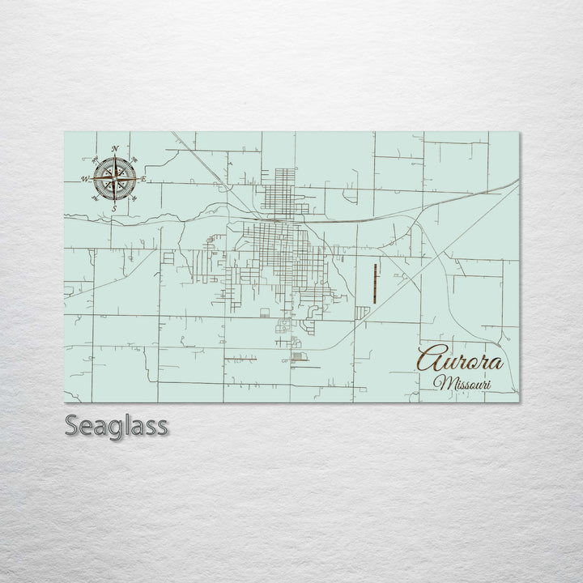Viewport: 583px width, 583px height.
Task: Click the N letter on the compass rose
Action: [115, 149]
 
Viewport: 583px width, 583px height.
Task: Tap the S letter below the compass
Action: [114, 209]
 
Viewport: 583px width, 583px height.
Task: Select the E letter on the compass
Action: [143, 179]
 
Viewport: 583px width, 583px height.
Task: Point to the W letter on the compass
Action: [84, 180]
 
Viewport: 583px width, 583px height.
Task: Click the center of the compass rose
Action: [114, 179]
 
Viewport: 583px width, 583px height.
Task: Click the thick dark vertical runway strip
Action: [375, 283]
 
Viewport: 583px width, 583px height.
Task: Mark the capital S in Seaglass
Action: [71, 425]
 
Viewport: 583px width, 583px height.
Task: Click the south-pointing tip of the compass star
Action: [114, 202]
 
